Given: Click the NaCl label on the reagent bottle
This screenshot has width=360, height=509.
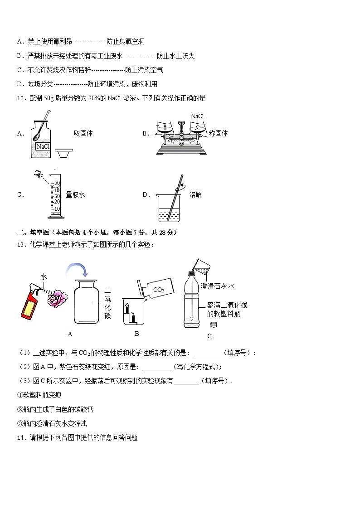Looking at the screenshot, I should pos(43,146).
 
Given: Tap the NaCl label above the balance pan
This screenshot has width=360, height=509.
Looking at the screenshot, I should pos(197,116).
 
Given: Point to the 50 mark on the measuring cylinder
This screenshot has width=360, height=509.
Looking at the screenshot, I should pos(57,183).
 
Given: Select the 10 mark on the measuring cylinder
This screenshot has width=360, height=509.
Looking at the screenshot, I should pos(57,209).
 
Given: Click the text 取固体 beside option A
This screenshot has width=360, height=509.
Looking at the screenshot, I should pos(83,133).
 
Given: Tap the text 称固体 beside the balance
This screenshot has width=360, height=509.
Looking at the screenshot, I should pos(218,133).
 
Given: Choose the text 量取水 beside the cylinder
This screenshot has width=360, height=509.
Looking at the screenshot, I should pos(75,194).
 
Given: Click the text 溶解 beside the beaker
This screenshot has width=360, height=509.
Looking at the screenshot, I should pos(195,194).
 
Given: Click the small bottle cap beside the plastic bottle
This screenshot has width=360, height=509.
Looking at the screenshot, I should pos(214,325).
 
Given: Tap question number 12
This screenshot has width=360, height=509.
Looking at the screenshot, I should pos(21,98).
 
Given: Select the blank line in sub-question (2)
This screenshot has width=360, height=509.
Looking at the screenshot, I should pos(156,367).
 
